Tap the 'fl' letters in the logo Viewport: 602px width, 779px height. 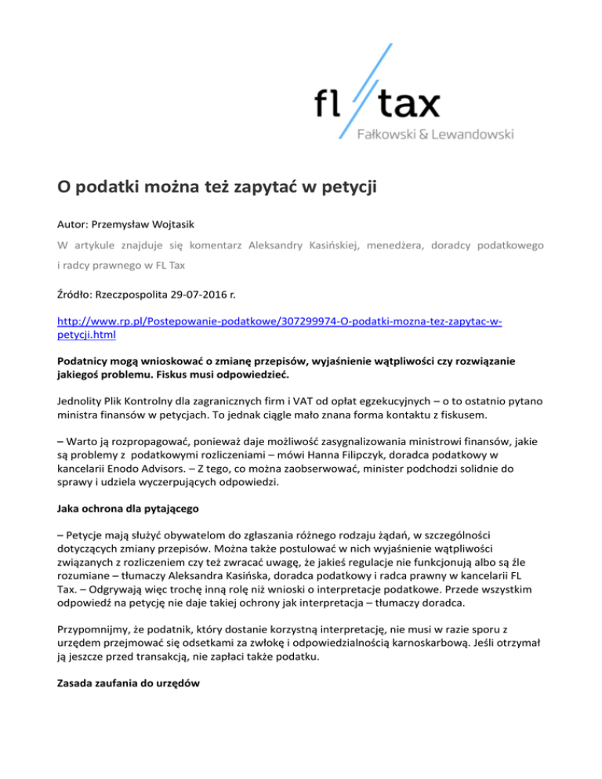coord(329,102)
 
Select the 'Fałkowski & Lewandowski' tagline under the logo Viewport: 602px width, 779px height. coord(435,134)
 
